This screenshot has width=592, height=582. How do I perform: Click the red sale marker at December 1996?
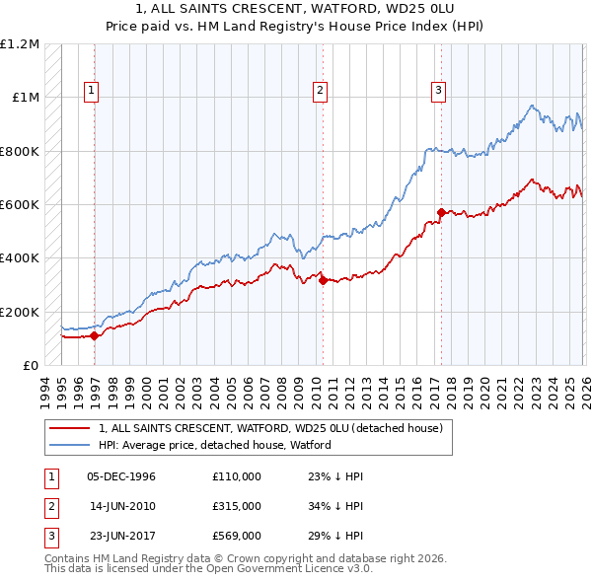94,335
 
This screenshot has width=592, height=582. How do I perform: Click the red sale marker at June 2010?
323,280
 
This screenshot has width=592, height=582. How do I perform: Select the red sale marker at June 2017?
440,212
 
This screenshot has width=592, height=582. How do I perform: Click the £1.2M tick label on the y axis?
20,44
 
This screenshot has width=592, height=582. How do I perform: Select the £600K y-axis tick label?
20,205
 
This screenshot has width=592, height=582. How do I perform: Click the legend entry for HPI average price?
215,445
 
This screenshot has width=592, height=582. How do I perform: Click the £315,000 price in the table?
237,507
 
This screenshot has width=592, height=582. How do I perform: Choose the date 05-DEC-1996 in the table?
121,476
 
